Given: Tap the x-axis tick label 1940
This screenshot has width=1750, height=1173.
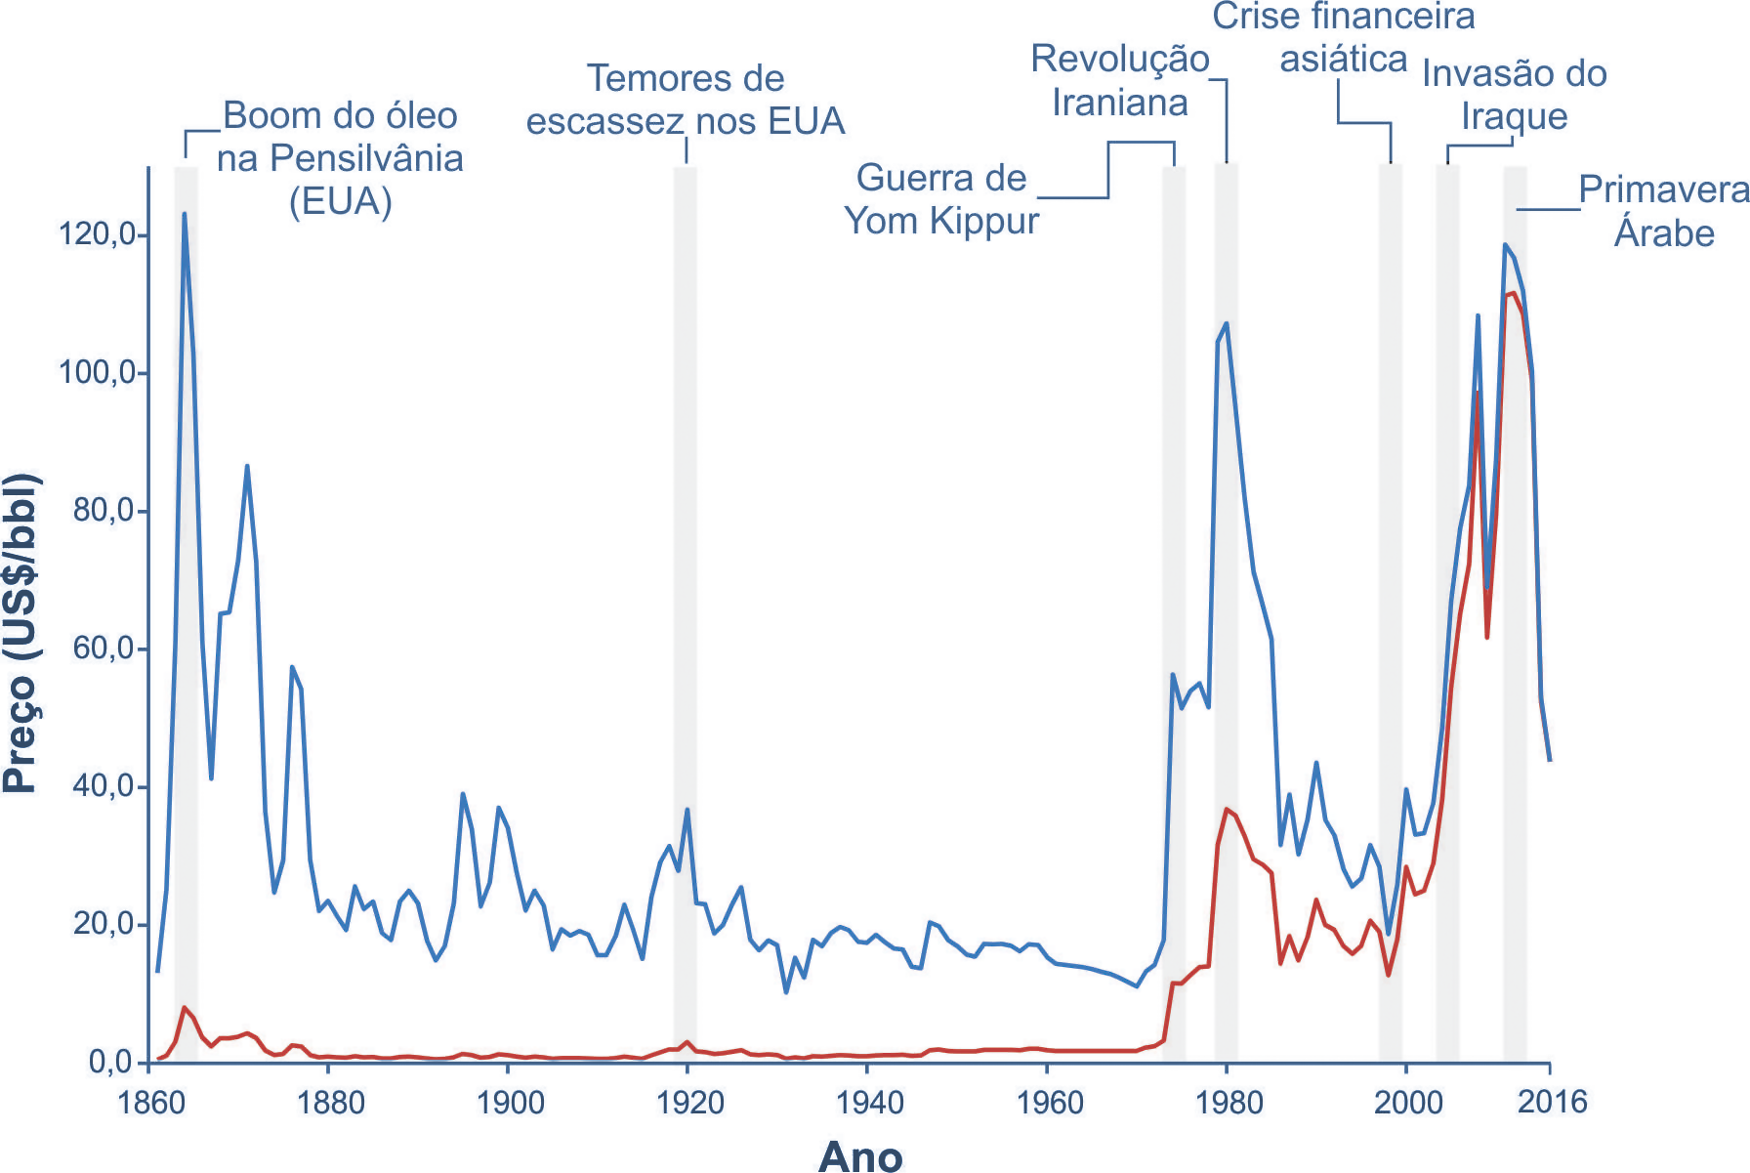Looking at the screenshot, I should [x=868, y=1103].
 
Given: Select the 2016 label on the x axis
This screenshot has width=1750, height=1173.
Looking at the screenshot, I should [x=1552, y=1102].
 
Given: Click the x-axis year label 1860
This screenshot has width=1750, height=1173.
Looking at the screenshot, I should [x=150, y=1103].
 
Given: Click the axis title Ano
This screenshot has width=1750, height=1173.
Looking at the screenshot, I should [x=859, y=1155].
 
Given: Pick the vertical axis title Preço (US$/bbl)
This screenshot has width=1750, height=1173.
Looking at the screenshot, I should [x=21, y=633].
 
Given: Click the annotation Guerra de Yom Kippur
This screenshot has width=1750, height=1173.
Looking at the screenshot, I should [x=940, y=199].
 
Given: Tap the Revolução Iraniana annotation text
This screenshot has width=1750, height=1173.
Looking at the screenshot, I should [x=1120, y=81].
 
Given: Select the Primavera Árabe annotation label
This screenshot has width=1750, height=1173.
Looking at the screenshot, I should [x=1663, y=211].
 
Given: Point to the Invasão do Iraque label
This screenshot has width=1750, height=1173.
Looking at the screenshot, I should [x=1514, y=95].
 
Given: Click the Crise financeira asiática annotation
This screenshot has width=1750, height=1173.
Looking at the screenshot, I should [x=1344, y=37].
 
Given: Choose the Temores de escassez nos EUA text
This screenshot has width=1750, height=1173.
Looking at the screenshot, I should [x=685, y=100].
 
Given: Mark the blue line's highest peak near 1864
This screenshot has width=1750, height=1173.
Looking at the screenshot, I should [x=185, y=214].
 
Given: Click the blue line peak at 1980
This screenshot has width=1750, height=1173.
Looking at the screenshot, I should [x=1227, y=323].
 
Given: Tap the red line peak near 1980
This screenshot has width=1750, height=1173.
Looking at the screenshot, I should [x=1227, y=809].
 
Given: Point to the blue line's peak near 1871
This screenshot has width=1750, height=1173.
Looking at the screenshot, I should [x=247, y=466].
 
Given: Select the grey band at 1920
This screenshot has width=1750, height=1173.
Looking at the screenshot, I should [x=685, y=586].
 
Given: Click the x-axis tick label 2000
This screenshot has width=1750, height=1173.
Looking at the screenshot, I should [x=1407, y=1103].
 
